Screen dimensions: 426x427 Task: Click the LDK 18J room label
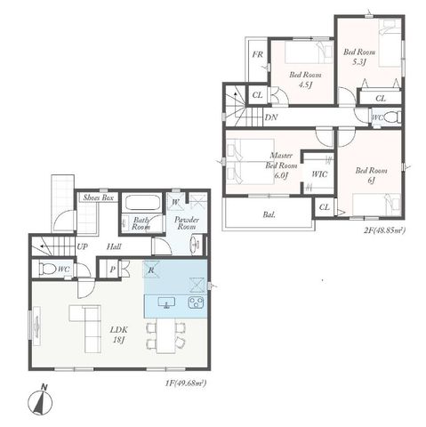pos(119,334)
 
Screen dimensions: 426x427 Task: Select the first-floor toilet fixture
pos(47,269)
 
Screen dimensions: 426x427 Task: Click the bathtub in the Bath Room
pos(142,203)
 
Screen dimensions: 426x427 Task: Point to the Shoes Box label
pos(99,197)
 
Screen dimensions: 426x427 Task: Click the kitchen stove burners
pos(196,302)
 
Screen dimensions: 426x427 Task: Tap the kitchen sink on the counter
pos(166,302)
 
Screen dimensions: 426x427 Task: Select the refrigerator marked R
pos(151,270)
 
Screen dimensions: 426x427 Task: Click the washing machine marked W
pos(176,202)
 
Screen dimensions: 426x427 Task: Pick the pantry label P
pos(113,270)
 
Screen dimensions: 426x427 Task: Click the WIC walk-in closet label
pos(319,174)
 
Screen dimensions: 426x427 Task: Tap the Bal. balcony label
pos(269,214)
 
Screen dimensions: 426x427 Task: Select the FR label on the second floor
pos(257,54)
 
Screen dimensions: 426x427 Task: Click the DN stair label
pos(271,117)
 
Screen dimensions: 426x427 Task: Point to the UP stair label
pos(83,246)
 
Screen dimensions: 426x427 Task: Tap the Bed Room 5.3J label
pos(359,57)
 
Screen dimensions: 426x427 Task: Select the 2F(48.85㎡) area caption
pos(384,230)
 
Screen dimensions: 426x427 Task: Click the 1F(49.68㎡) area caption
pos(186,383)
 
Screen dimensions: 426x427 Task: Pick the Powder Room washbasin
pos(195,245)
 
